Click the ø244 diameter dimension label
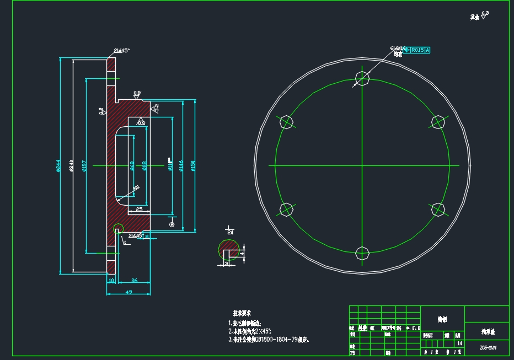pos(58,165)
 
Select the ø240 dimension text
pos(72,165)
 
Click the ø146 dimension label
pos(181,165)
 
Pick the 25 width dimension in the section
pos(139,209)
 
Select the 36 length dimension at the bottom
pos(134,281)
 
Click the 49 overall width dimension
pos(128,292)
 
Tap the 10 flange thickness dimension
pos(111,281)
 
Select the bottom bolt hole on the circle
pos(362,253)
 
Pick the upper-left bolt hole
pos(286,121)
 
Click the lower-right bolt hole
pos(438,209)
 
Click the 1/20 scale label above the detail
pos(229,230)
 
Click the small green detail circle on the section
pos(117,229)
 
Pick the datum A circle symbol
pos(172,224)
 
